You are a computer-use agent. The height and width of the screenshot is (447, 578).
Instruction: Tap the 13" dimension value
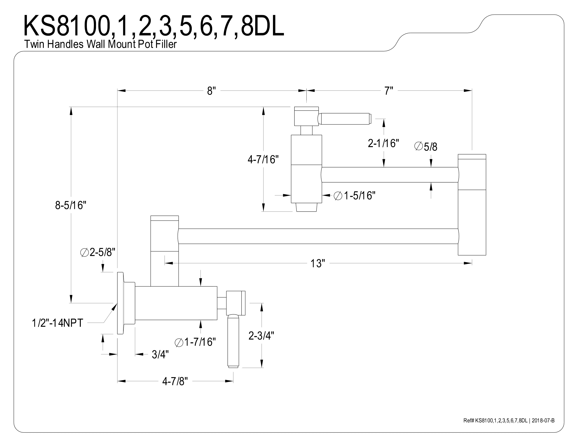pos(317,263)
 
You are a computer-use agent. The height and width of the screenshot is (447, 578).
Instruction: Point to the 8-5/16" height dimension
pos(71,205)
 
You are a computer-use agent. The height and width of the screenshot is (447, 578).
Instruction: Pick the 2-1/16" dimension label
pos(383,143)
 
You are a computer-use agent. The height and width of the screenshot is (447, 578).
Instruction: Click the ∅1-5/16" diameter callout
pos(355,196)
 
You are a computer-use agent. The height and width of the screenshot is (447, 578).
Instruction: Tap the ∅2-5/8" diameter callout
pos(98,253)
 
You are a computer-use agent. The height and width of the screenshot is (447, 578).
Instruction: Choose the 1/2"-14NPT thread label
pos(57,323)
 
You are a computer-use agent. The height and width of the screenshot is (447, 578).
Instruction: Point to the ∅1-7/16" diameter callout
pos(195,342)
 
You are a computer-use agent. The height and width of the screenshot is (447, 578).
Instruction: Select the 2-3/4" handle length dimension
pos(261,336)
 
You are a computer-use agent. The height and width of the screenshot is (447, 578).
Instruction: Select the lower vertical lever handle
pos(233,341)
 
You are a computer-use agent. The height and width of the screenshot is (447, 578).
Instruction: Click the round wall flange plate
pos(121,303)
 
